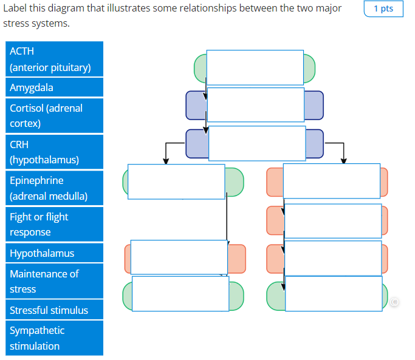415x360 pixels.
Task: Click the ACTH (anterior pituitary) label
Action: click(x=54, y=59)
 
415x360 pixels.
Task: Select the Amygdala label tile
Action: click(x=54, y=87)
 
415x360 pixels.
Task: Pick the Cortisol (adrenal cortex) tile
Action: click(x=54, y=115)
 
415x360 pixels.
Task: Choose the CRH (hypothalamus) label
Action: click(x=54, y=152)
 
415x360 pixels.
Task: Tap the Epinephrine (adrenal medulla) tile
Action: click(x=54, y=188)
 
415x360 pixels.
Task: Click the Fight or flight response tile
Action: click(x=54, y=224)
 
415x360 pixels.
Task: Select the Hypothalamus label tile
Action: click(x=54, y=253)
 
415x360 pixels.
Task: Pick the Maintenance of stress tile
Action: click(x=54, y=281)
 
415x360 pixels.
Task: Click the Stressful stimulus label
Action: click(x=54, y=310)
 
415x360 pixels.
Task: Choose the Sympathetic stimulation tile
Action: click(x=54, y=338)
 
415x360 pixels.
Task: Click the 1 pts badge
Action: click(x=383, y=9)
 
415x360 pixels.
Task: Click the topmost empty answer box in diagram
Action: click(x=255, y=67)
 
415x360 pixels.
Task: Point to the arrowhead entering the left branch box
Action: click(x=166, y=161)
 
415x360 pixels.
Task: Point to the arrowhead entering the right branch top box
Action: click(x=344, y=161)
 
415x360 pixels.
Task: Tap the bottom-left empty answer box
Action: click(x=180, y=293)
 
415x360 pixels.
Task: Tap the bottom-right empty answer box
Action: click(x=333, y=293)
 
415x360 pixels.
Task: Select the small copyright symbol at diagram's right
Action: click(x=395, y=301)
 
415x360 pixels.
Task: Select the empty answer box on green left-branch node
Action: click(x=176, y=182)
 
